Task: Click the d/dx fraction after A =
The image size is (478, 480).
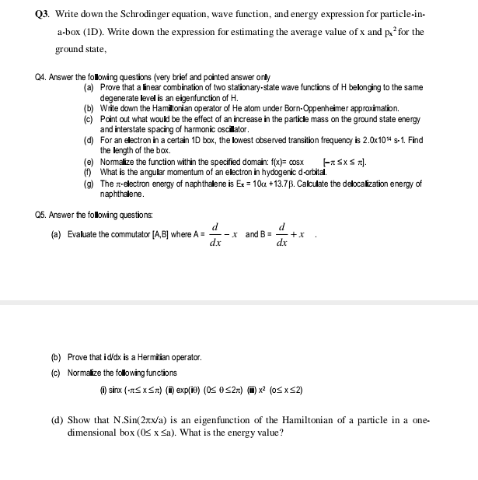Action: coord(215,234)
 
